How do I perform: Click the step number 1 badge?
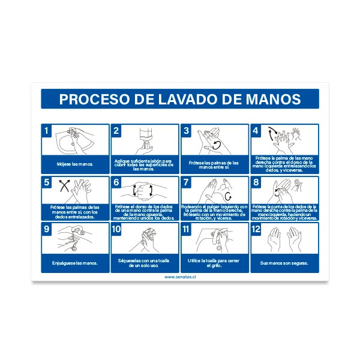46,130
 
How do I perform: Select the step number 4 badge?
255,130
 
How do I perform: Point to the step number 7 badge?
186,182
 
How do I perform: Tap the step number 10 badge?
117,229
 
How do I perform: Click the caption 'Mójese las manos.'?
75,164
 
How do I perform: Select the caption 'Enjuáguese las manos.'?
75,263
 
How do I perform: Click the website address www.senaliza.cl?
179,277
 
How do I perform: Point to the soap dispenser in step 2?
146,138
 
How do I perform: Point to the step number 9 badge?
46,229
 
